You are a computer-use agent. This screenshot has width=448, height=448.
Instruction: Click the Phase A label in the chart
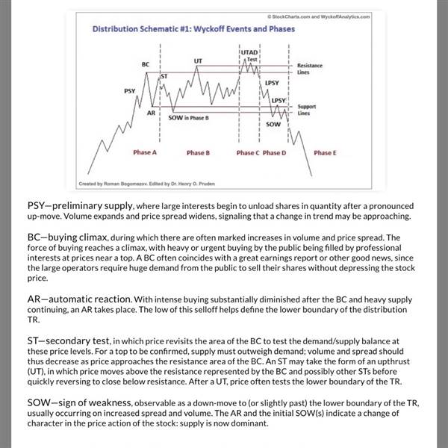coord(144,152)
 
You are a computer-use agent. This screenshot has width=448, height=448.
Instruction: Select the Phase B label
coord(198,152)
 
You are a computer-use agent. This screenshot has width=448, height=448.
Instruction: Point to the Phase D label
coord(274,152)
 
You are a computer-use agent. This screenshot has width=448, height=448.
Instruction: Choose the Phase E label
coord(324,152)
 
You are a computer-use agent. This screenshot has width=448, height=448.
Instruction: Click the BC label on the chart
coord(146,65)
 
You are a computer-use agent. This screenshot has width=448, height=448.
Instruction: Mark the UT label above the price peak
coord(198,60)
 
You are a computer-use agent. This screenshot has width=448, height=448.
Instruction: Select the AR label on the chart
coord(151,112)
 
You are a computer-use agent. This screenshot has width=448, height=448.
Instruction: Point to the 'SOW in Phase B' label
coord(188,118)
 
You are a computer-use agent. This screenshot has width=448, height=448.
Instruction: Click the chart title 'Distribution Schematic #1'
coord(193,30)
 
